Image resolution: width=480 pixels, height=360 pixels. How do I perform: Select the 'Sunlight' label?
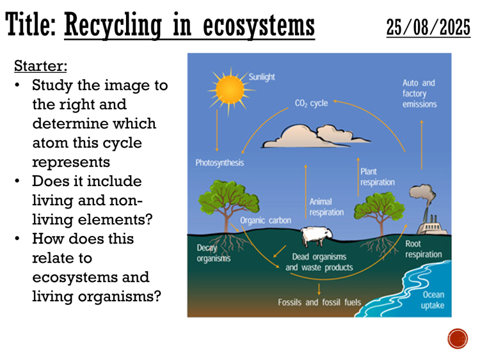tap(262, 77)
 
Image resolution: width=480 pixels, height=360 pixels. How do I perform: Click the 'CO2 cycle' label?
tap(311, 103)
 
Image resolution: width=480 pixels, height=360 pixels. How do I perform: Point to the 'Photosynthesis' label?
tap(220, 163)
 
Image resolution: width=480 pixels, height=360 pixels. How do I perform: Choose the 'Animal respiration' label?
tap(326, 207)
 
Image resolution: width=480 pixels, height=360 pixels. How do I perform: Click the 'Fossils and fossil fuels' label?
tap(319, 302)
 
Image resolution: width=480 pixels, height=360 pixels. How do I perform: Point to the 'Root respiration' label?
tap(423, 249)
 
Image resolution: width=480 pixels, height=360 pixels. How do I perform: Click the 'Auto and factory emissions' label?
tap(419, 93)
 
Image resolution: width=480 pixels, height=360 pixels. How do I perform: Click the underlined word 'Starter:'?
tap(40, 65)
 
